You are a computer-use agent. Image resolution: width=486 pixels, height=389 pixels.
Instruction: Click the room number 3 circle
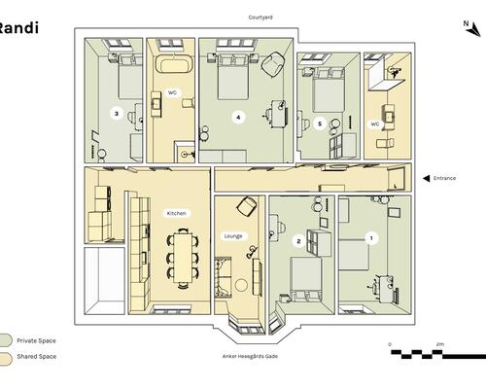pyautogui.click(x=117, y=114)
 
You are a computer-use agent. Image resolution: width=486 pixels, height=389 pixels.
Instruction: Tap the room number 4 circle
pyautogui.click(x=238, y=117)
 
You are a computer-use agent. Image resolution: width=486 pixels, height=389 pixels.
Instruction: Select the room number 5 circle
pyautogui.click(x=320, y=124)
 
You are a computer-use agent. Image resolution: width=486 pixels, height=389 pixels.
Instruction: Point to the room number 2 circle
pyautogui.click(x=298, y=241)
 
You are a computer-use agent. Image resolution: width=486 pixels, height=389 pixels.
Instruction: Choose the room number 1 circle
pyautogui.click(x=371, y=238)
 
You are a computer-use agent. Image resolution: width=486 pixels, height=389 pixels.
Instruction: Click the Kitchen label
pyautogui.click(x=177, y=213)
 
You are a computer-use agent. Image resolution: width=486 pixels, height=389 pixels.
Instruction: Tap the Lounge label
pyautogui.click(x=233, y=236)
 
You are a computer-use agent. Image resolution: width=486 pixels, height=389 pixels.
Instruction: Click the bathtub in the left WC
pyautogui.click(x=175, y=64)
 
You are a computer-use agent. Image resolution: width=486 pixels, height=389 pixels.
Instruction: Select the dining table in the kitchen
pyautogui.click(x=183, y=257)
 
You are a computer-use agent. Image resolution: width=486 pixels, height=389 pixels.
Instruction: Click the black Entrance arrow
pyautogui.click(x=427, y=178)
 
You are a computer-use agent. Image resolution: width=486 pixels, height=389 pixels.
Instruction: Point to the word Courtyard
pyautogui.click(x=260, y=18)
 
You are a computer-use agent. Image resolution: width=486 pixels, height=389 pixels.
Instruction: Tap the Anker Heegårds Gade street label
pyautogui.click(x=250, y=356)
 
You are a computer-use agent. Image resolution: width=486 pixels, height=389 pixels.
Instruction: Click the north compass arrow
pyautogui.click(x=474, y=30)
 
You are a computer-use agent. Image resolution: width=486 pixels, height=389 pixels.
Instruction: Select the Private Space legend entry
pyautogui.click(x=36, y=340)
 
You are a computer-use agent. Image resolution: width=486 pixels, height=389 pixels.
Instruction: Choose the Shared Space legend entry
pyautogui.click(x=37, y=356)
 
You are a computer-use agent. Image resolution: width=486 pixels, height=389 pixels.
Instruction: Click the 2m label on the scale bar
pyautogui.click(x=439, y=344)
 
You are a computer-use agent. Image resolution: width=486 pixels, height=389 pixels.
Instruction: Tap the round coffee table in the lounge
pyautogui.click(x=241, y=285)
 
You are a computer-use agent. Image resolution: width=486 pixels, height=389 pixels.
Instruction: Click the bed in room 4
pyautogui.click(x=233, y=77)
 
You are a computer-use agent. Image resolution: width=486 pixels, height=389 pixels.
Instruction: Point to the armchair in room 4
pyautogui.click(x=273, y=65)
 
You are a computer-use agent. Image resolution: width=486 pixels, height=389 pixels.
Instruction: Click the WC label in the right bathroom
pyautogui.click(x=375, y=124)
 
